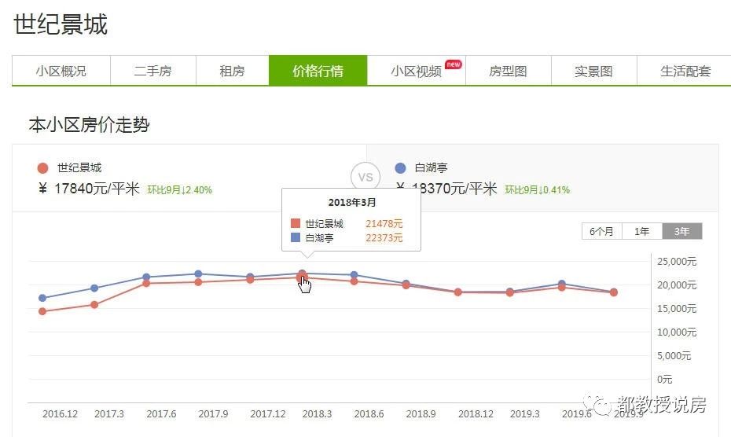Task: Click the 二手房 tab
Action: click(152, 71)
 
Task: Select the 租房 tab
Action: click(232, 71)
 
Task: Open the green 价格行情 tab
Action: click(318, 71)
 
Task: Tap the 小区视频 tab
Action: click(417, 71)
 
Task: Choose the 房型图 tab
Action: click(508, 71)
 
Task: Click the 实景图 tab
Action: click(593, 71)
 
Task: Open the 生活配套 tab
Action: click(685, 71)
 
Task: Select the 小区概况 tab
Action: click(61, 71)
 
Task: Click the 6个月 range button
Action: click(602, 231)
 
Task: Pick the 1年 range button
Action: click(642, 231)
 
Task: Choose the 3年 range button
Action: click(681, 231)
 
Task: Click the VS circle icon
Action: click(365, 178)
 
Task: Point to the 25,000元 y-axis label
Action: click(676, 262)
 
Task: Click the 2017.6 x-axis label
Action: click(161, 413)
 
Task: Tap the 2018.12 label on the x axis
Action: click(476, 413)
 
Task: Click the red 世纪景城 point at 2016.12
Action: click(42, 311)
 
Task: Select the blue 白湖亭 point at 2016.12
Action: click(42, 298)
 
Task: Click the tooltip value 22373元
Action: click(384, 238)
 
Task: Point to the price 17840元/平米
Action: click(96, 189)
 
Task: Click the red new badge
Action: click(453, 64)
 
